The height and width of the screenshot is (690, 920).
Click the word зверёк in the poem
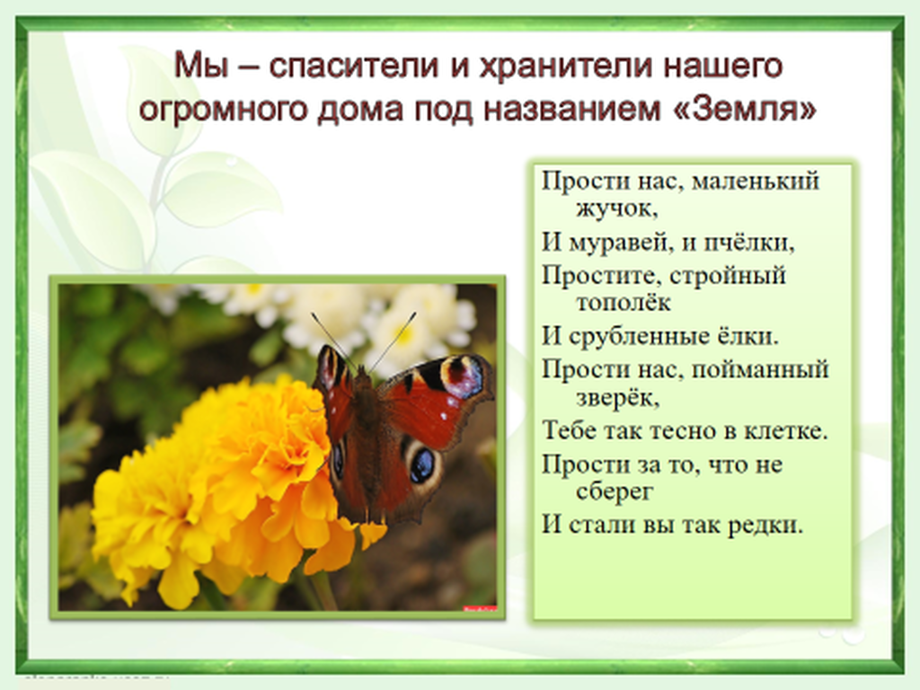pos(618,398)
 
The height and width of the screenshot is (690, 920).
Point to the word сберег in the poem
pos(615,491)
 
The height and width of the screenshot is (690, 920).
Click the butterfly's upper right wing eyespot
pos(462,376)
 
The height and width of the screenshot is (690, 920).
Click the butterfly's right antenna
pos(392,341)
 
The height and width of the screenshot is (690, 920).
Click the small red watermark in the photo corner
pos(480,609)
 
